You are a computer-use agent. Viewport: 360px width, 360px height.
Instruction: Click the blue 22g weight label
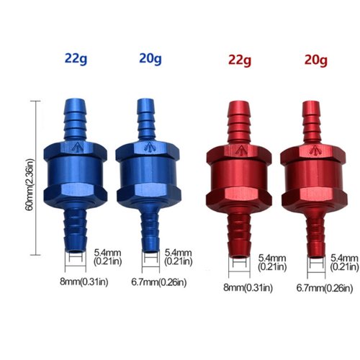pyautogui.click(x=76, y=59)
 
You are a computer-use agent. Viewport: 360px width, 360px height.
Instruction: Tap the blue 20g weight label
pyautogui.click(x=150, y=59)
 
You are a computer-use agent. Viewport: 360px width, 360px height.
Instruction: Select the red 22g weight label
pyautogui.click(x=240, y=60)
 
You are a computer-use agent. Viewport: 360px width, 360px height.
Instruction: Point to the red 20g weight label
pyautogui.click(x=316, y=60)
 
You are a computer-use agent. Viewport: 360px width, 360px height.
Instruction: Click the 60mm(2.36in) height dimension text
pyautogui.click(x=30, y=185)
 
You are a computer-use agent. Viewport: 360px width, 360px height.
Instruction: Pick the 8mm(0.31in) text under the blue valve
pyautogui.click(x=84, y=282)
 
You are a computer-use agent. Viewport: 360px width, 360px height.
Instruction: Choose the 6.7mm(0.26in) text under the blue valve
pyautogui.click(x=159, y=282)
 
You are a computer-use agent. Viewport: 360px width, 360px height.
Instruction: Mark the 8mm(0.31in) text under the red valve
pyautogui.click(x=248, y=287)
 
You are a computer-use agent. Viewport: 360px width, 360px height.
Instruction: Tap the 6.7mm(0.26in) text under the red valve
pyautogui.click(x=325, y=288)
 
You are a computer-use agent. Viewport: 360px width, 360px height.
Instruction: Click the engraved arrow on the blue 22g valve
pyautogui.click(x=78, y=147)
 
